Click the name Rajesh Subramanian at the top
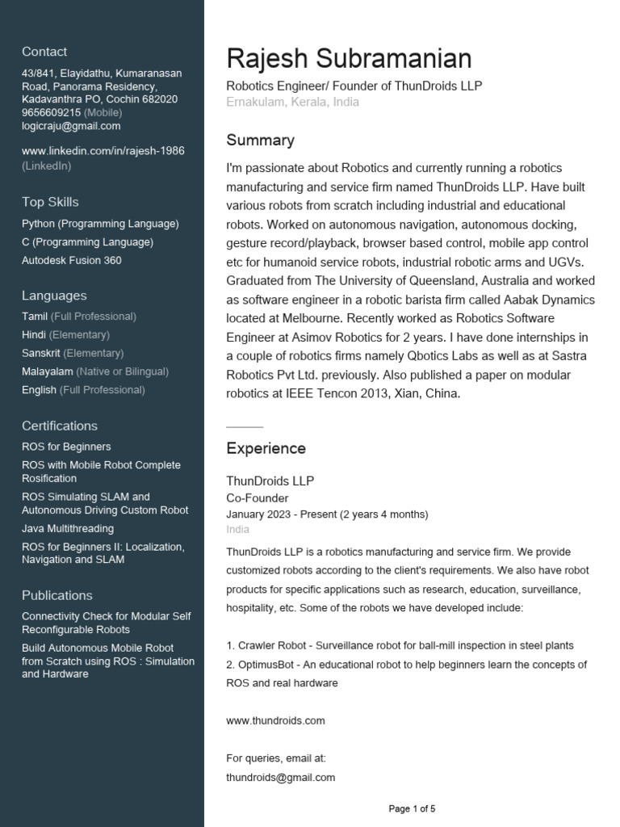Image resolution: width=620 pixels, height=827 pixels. point(349,59)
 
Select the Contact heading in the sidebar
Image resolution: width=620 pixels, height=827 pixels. point(44,52)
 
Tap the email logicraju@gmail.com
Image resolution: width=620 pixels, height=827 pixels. point(71,126)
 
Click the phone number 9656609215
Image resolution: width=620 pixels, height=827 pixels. point(51,112)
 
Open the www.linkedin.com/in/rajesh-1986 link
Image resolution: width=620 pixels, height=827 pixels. point(103,151)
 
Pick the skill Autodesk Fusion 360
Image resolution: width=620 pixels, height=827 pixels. point(72,260)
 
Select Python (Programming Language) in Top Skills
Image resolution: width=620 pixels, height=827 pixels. point(100,224)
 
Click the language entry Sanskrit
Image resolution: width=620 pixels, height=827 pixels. point(41,353)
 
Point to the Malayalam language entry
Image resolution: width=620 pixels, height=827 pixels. point(48,372)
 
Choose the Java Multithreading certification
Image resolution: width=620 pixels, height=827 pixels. point(68,528)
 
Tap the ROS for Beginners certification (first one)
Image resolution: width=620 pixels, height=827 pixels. point(66,447)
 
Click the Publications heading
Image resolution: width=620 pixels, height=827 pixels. point(57,595)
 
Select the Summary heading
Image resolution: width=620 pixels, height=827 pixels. point(260,141)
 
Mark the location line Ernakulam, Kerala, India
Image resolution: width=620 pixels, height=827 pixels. point(292,103)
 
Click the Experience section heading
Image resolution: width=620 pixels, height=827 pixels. point(266,448)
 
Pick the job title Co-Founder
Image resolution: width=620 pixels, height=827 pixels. point(257,498)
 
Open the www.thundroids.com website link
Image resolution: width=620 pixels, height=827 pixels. point(275,720)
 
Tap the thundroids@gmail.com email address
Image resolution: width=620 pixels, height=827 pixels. point(280,777)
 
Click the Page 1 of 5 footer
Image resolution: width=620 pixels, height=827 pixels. point(412,808)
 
